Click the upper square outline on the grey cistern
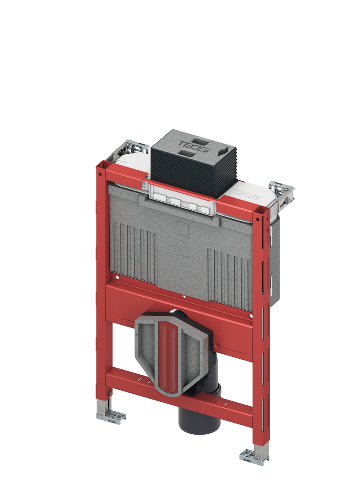183,228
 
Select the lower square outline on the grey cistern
183,248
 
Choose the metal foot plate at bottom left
111,416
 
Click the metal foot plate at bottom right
253,456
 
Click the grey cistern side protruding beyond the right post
274,267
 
